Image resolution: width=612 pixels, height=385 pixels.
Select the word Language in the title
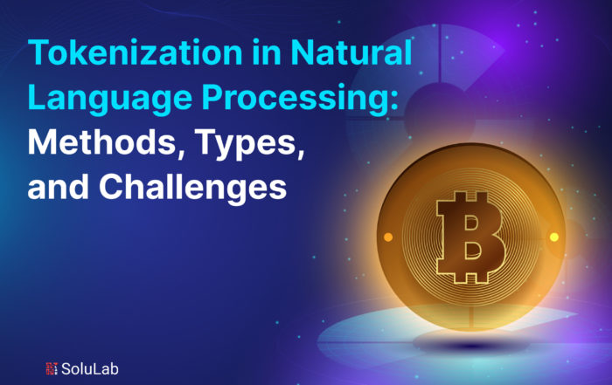[109, 99]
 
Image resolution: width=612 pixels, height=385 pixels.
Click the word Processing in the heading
[296, 99]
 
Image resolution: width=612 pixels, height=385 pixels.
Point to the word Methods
[102, 142]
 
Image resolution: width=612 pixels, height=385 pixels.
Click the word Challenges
[193, 188]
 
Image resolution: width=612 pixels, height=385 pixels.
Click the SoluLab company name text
[89, 368]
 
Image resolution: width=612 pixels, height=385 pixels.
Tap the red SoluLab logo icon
[52, 368]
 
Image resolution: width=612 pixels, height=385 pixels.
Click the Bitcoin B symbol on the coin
[471, 237]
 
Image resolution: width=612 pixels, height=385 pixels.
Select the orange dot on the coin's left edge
[388, 237]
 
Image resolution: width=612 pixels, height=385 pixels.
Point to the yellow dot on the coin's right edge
[554, 237]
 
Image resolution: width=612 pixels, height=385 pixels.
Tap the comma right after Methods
[181, 153]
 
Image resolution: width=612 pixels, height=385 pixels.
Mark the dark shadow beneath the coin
[471, 344]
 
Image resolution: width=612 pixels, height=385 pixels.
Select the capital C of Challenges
[112, 187]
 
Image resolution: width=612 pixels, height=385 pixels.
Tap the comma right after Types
[301, 153]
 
